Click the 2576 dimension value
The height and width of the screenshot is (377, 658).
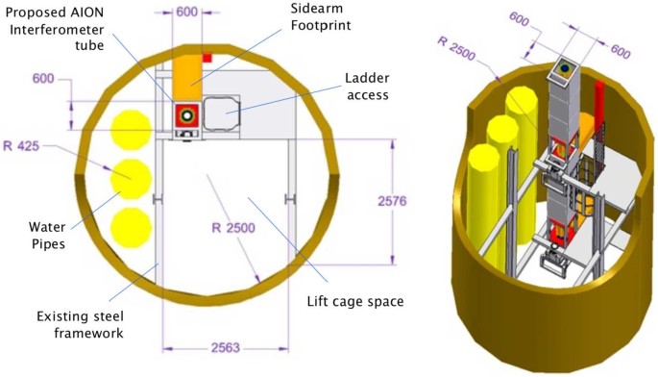(392, 201)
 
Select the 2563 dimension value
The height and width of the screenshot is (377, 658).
(226, 347)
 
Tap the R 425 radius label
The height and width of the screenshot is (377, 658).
(21, 146)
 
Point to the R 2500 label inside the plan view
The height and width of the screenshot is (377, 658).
(233, 228)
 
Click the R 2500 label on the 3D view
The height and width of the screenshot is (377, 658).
(456, 48)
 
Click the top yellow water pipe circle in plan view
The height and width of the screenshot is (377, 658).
(131, 130)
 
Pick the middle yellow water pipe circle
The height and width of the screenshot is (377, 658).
(131, 179)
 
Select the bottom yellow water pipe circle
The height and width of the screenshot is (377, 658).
(131, 227)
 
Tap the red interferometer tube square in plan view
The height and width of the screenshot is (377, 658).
(186, 115)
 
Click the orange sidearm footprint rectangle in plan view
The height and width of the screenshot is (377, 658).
(187, 77)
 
